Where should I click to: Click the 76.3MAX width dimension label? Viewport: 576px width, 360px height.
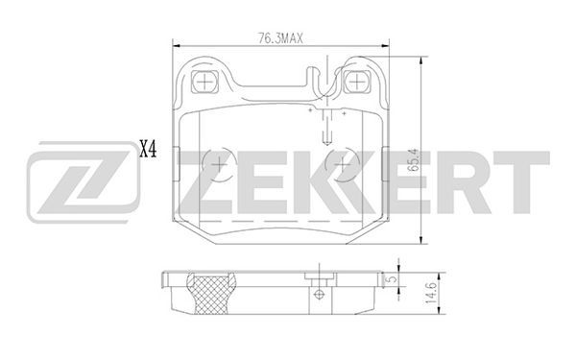(x=280, y=38)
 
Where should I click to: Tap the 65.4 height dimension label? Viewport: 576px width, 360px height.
(x=413, y=160)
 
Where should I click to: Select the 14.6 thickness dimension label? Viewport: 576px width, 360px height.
(x=430, y=293)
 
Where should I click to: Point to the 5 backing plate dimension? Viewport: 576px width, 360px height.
(x=393, y=278)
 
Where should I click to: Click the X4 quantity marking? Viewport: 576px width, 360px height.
(x=148, y=150)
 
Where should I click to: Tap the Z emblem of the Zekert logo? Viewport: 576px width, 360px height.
(x=84, y=182)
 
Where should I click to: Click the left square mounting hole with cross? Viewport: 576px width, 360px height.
(x=204, y=82)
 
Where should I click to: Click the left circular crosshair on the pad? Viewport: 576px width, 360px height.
(x=219, y=165)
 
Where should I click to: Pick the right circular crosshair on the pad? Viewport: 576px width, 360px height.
(x=343, y=165)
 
